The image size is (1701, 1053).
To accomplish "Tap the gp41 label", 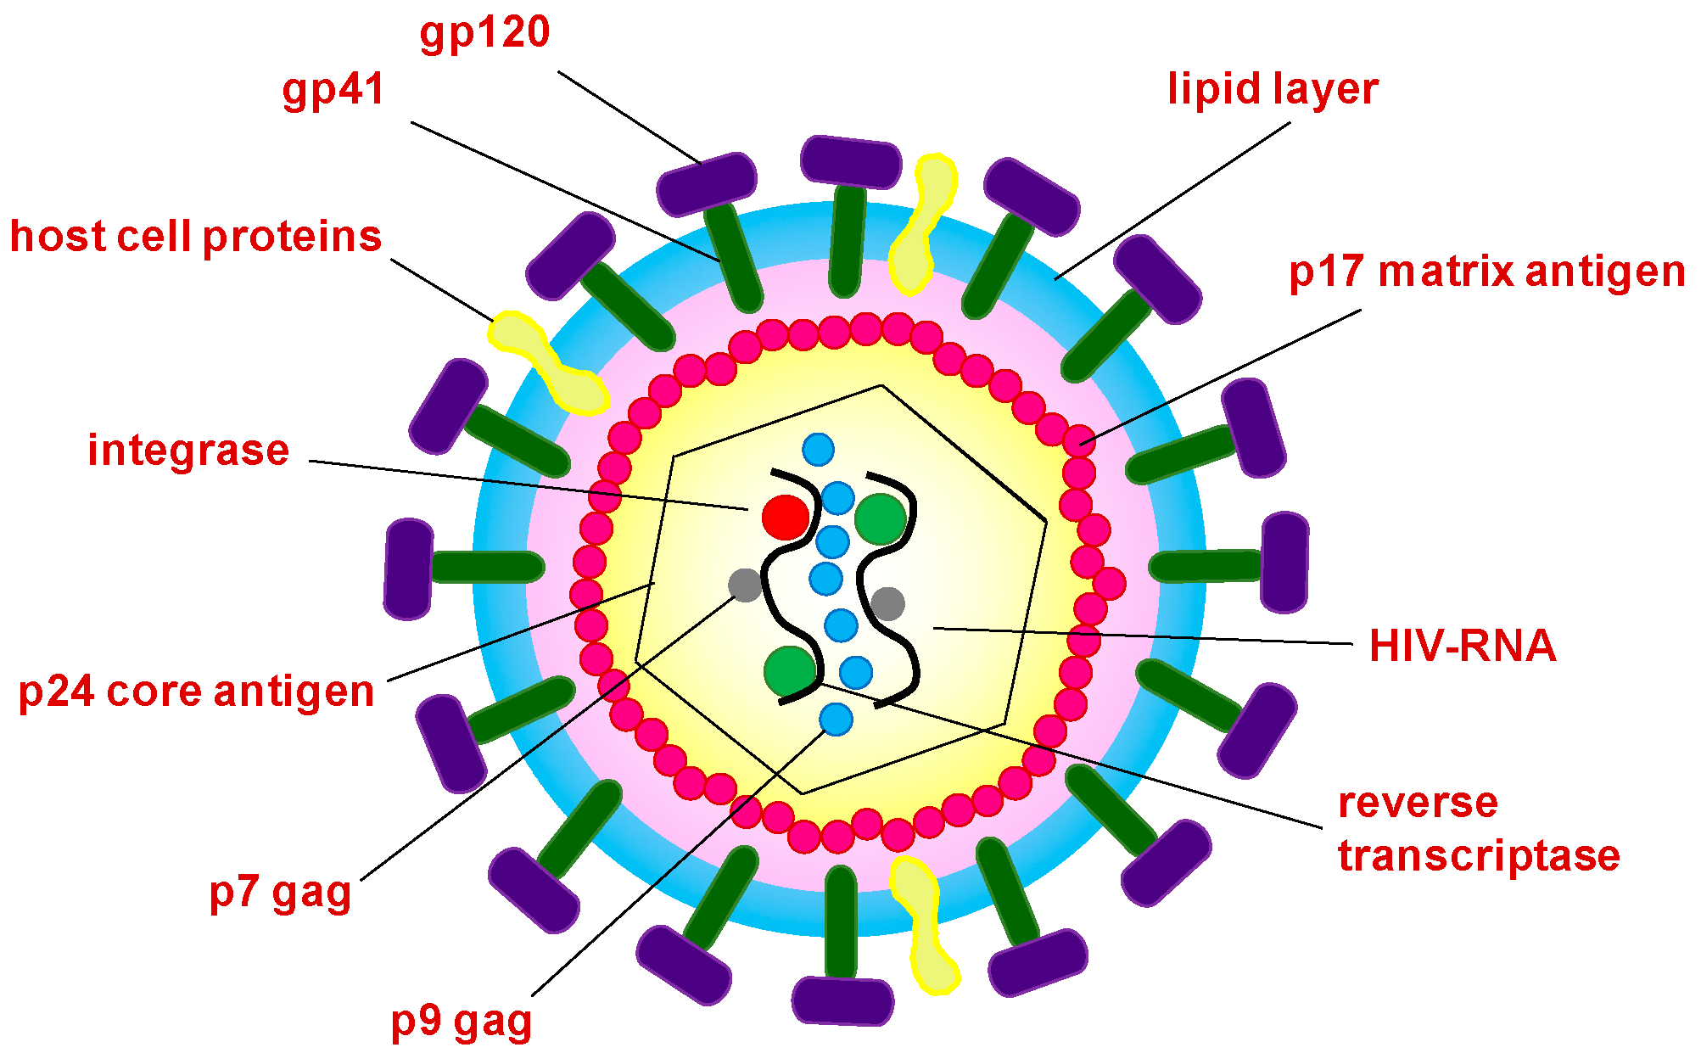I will (x=333, y=90).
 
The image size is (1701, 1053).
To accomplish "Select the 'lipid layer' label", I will (x=1272, y=89).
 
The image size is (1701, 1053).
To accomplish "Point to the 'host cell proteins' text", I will (x=195, y=237).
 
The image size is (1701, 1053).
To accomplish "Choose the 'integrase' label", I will (x=188, y=451).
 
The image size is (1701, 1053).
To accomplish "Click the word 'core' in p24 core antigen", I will (x=154, y=692).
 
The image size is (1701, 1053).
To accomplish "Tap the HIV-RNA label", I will (x=1463, y=646).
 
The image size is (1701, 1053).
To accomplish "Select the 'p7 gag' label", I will (x=280, y=893).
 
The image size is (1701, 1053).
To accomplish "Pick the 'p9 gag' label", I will (x=461, y=1022).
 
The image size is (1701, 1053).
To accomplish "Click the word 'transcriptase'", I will (x=1479, y=855).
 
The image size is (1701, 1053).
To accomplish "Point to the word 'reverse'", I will (x=1418, y=803).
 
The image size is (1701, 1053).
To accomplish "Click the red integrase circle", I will (x=785, y=517).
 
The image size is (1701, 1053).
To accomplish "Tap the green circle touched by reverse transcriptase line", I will (x=790, y=670).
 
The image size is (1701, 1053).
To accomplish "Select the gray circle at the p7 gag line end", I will (x=745, y=585).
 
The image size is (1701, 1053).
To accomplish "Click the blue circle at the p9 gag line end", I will (x=836, y=720).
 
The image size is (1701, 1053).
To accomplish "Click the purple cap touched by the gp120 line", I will (x=706, y=183).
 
